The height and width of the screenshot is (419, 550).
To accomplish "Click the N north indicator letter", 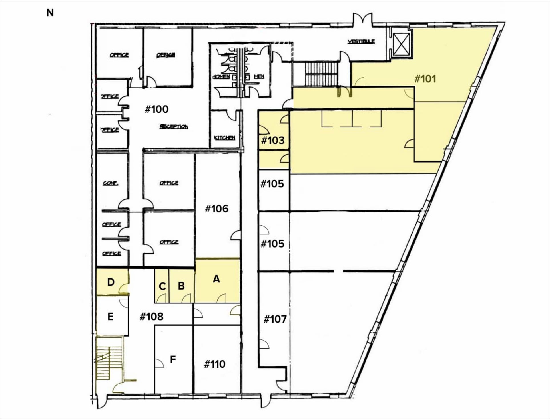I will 50,13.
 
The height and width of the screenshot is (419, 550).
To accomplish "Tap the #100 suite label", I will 156,109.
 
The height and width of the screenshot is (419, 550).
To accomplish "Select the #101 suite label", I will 425,79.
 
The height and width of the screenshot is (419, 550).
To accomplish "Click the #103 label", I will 273,140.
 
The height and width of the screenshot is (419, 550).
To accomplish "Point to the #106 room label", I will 216,209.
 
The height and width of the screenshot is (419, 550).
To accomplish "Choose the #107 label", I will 275,319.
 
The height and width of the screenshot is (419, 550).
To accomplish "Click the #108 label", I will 151,317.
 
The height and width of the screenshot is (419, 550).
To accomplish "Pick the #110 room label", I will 215,364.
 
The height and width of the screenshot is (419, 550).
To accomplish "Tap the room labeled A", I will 216,279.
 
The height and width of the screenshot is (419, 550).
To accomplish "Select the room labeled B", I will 181,286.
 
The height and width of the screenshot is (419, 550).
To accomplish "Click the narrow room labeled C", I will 162,286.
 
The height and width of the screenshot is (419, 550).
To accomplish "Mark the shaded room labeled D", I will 111,282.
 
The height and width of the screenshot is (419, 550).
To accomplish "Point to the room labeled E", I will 110,317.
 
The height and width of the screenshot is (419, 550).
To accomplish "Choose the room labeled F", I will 173,359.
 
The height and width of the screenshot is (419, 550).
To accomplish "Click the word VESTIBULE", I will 361,41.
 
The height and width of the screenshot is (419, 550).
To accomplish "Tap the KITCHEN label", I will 225,138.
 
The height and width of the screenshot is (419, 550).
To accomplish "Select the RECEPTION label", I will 174,127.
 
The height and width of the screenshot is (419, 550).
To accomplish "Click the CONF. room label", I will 111,183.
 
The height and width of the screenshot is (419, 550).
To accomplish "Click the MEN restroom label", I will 259,76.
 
